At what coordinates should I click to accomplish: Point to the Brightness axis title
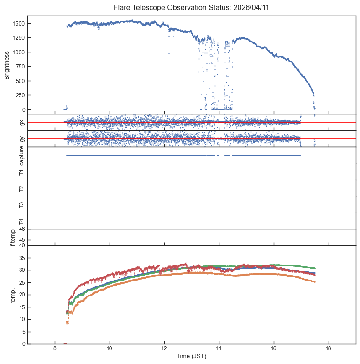[x=7, y=65]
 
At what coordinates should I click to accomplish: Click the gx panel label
[x=21, y=122]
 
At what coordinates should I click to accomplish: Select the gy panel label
[x=21, y=139]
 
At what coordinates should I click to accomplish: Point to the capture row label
[x=21, y=155]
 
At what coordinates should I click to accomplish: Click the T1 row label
[x=21, y=172]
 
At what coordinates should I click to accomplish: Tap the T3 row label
[x=21, y=205]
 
